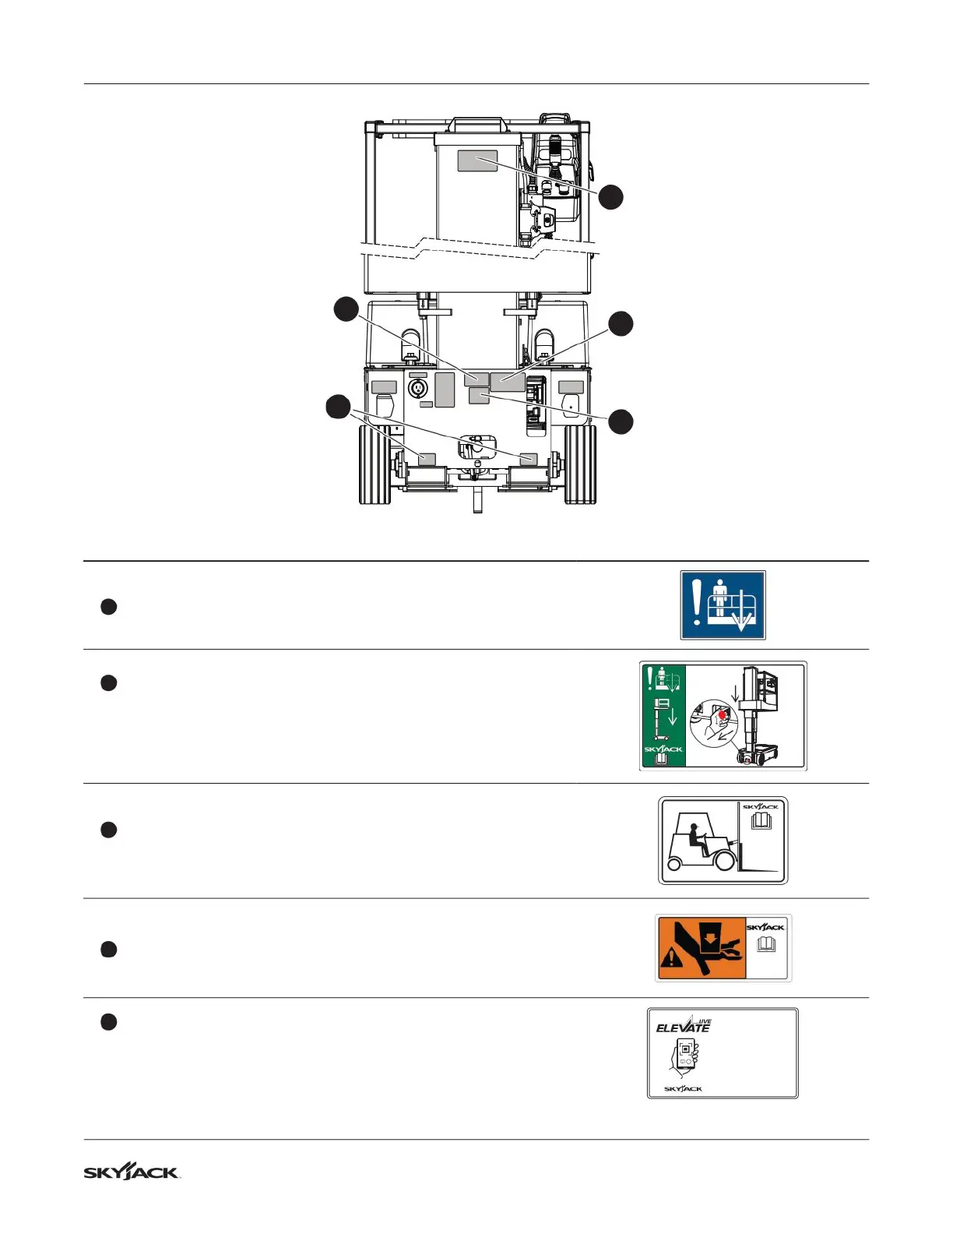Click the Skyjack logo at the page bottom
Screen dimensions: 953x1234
132,1172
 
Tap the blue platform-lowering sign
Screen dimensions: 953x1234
723,605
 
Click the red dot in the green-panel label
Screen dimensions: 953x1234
723,714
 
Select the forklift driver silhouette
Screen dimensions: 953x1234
698,837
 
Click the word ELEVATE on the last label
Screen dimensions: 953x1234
683,1028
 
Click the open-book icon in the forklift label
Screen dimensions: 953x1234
761,821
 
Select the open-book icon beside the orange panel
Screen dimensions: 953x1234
767,945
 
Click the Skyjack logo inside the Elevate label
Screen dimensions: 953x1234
683,1088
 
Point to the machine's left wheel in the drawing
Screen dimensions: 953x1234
375,464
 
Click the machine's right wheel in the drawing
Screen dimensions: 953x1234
580,464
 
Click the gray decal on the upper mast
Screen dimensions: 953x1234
476,161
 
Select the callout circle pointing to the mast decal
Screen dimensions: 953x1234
611,196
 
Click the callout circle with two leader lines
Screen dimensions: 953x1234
338,407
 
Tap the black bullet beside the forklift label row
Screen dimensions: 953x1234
108,830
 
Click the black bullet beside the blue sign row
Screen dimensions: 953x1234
108,607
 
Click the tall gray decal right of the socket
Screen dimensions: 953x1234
445,390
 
